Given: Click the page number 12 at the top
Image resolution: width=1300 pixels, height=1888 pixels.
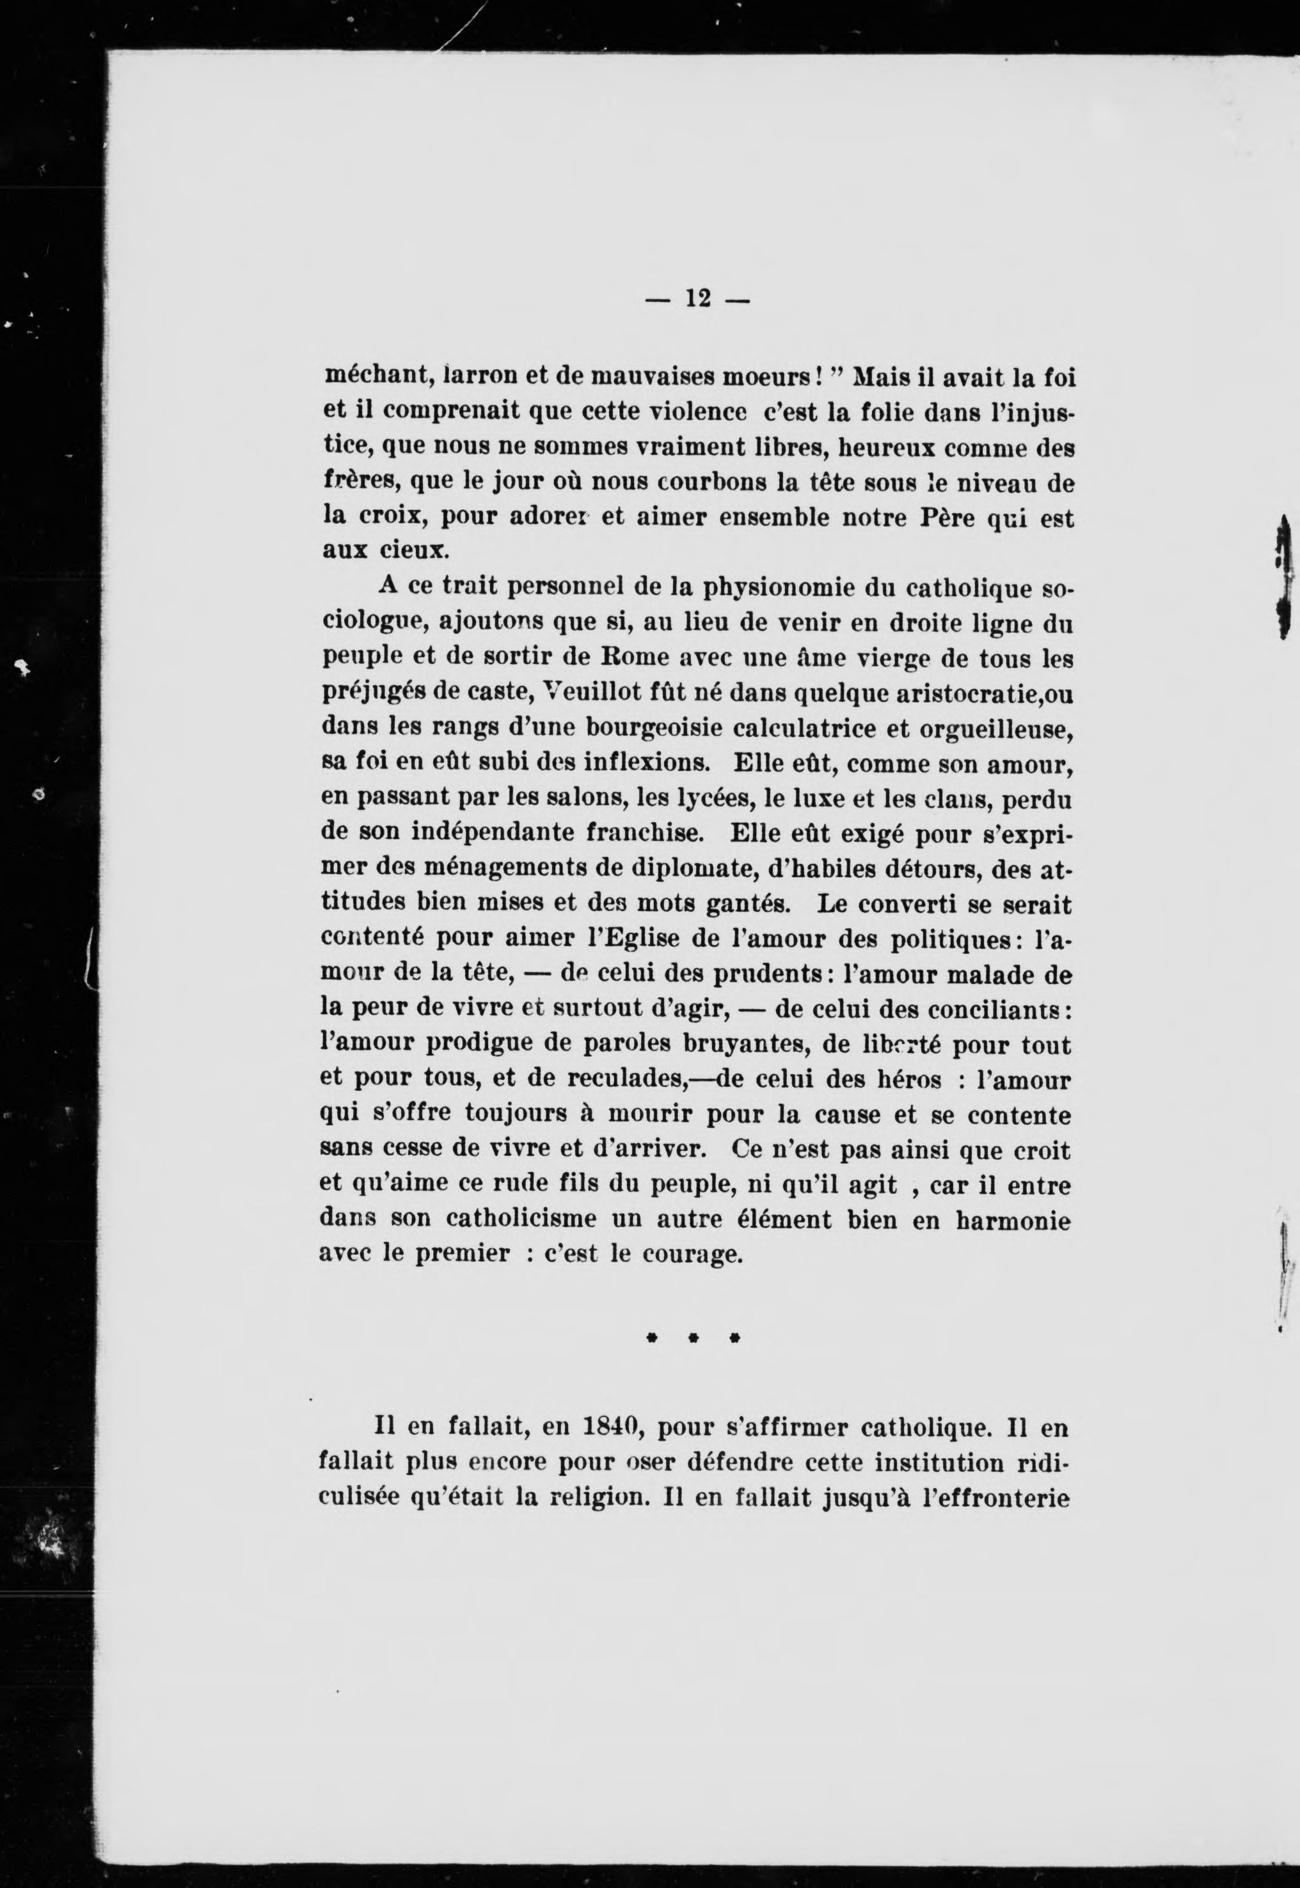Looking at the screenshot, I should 698,299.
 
